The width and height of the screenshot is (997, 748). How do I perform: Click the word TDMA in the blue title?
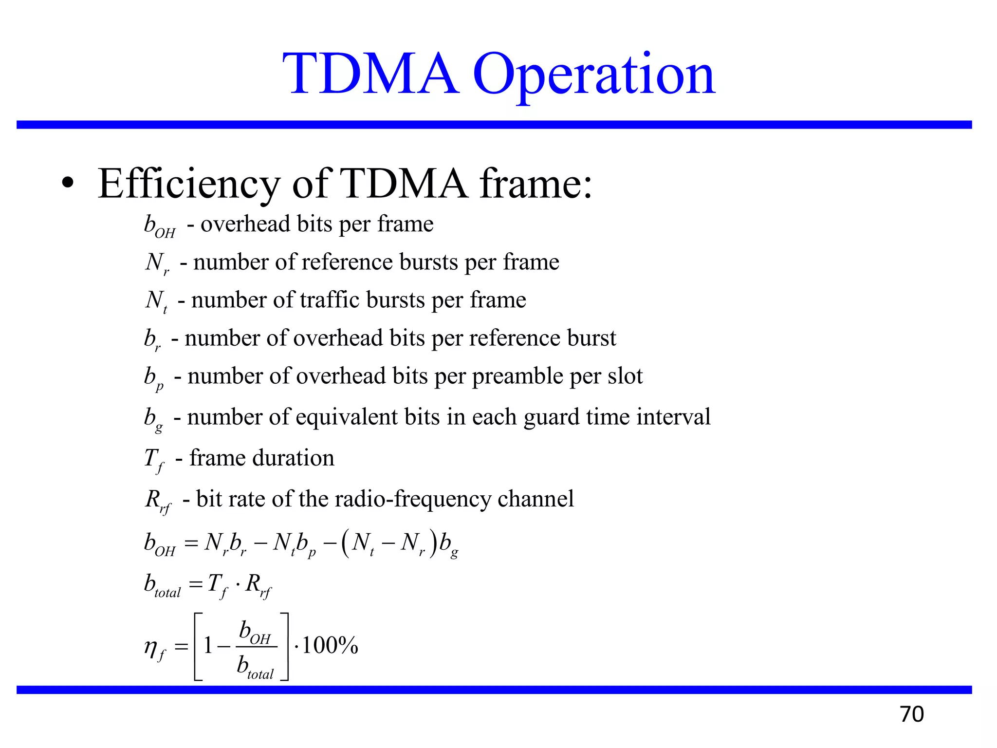pyautogui.click(x=371, y=74)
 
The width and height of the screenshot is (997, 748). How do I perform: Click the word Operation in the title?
pyautogui.click(x=594, y=75)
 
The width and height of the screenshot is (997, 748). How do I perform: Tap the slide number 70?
pyautogui.click(x=912, y=714)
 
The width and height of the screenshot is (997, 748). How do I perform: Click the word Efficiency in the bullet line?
pyautogui.click(x=189, y=184)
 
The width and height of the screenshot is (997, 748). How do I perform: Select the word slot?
pyautogui.click(x=625, y=376)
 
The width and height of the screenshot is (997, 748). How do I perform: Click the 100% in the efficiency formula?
pyautogui.click(x=330, y=646)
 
